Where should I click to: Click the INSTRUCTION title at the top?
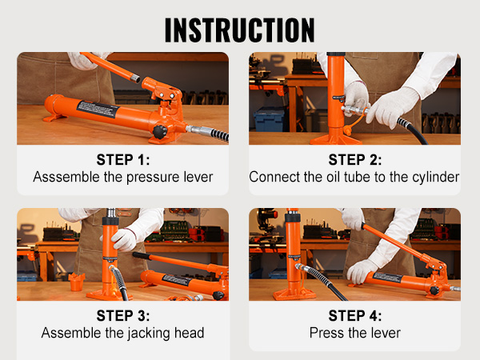pyautogui.click(x=240, y=28)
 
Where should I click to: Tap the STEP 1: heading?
pyautogui.click(x=122, y=159)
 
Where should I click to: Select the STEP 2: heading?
pyautogui.click(x=354, y=159)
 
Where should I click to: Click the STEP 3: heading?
pyautogui.click(x=122, y=315)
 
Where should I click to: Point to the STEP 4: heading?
pyautogui.click(x=354, y=315)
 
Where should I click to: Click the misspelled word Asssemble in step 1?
pyautogui.click(x=65, y=177)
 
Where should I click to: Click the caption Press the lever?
pyautogui.click(x=354, y=333)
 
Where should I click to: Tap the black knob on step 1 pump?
pyautogui.click(x=160, y=130)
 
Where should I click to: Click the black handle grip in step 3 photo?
pyautogui.click(x=148, y=257)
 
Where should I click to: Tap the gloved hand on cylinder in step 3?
pyautogui.click(x=124, y=238)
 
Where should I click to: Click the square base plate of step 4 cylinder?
pyautogui.click(x=294, y=294)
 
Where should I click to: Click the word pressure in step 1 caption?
pyautogui.click(x=154, y=177)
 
